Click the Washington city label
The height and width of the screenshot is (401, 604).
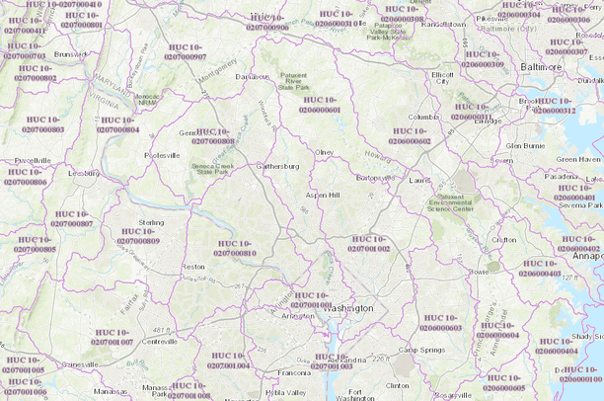click(x=348, y=308)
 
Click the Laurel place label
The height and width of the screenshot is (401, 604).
click(x=422, y=181)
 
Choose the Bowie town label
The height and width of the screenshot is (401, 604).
click(x=480, y=271)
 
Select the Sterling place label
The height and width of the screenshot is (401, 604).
click(x=151, y=223)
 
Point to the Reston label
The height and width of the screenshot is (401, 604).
click(x=193, y=267)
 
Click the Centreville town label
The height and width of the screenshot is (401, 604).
click(x=158, y=341)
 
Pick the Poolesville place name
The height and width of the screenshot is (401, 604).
click(x=162, y=155)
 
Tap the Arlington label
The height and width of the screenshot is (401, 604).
click(x=297, y=317)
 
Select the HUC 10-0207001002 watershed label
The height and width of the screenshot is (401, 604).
click(x=369, y=243)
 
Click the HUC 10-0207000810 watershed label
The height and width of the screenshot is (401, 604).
click(x=236, y=248)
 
